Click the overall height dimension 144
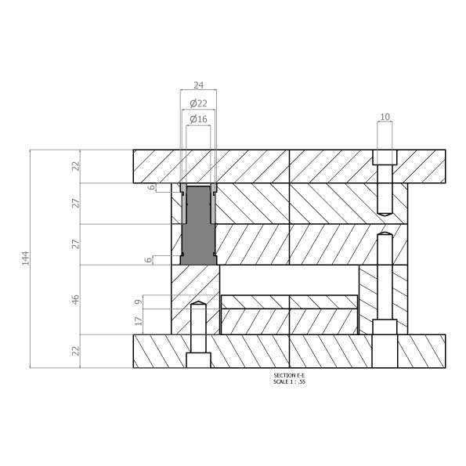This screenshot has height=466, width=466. tap(26, 258)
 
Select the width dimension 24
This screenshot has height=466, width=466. tap(198, 85)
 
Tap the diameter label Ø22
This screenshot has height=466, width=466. tap(198, 103)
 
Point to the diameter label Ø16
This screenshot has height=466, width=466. tap(198, 119)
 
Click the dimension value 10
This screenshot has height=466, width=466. tap(385, 117)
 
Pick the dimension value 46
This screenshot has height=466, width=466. tap(76, 299)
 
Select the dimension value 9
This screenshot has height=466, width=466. tap(139, 302)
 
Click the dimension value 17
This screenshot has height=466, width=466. tap(139, 321)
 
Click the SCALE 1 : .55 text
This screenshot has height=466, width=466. tap(289, 381)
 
